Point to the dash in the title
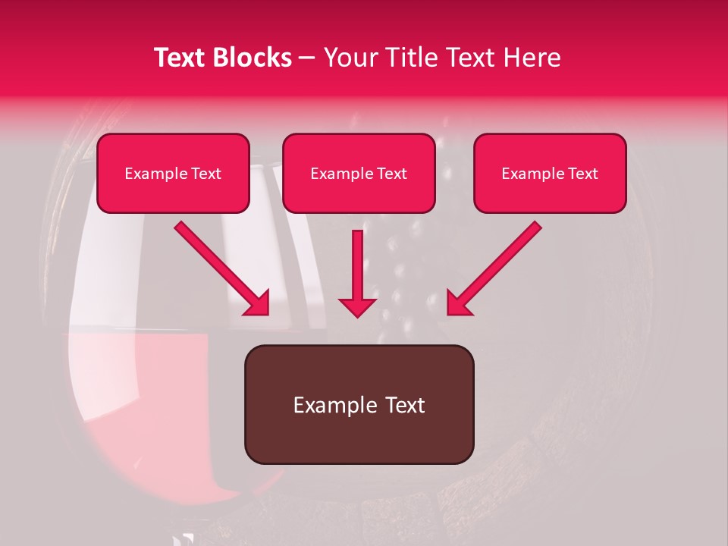pos(307,58)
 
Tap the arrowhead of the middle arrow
pos(357,306)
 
